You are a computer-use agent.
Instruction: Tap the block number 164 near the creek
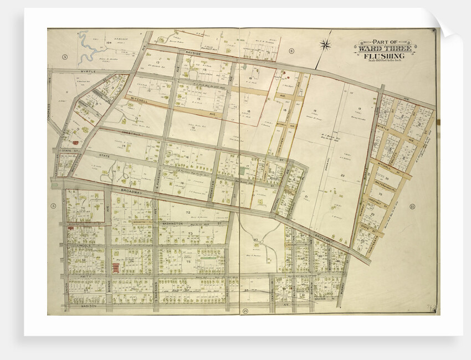(x=109, y=42)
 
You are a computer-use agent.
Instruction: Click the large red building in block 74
(x=115, y=268)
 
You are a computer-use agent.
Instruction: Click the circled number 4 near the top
(x=291, y=51)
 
